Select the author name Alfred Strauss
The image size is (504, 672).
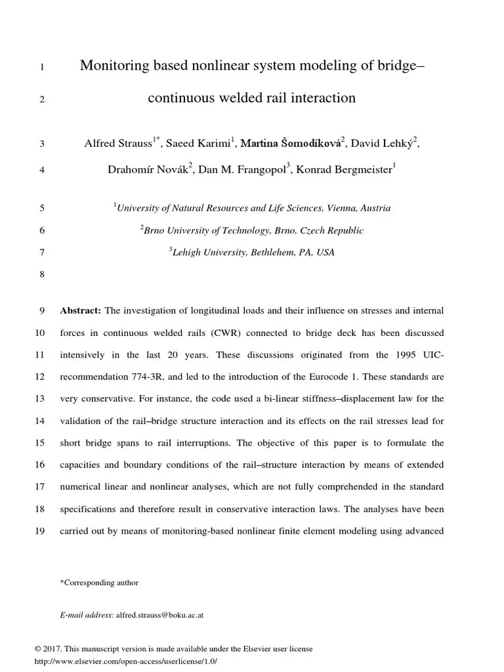(118, 143)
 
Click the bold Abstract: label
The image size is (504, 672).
(81, 310)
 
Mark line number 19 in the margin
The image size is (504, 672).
(39, 531)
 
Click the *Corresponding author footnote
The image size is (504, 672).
(98, 583)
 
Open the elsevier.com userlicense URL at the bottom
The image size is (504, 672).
(125, 661)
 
